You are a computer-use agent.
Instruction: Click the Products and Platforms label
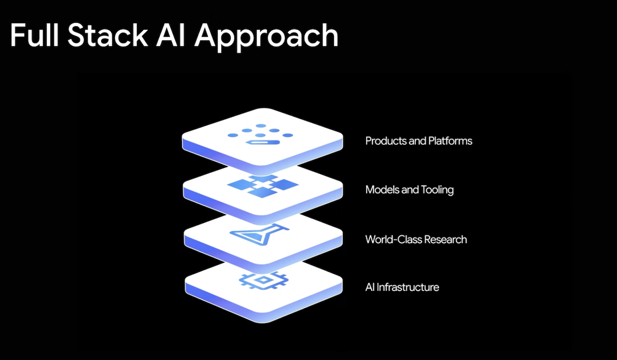pos(418,141)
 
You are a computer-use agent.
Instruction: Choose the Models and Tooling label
pos(409,190)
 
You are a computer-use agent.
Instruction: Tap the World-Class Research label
pos(416,240)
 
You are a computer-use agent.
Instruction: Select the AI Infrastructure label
pos(402,287)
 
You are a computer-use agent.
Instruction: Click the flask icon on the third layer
pos(261,236)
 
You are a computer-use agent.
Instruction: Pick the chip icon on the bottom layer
pos(262,280)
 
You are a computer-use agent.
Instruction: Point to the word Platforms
pos(450,141)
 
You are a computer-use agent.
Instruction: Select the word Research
pos(445,240)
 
